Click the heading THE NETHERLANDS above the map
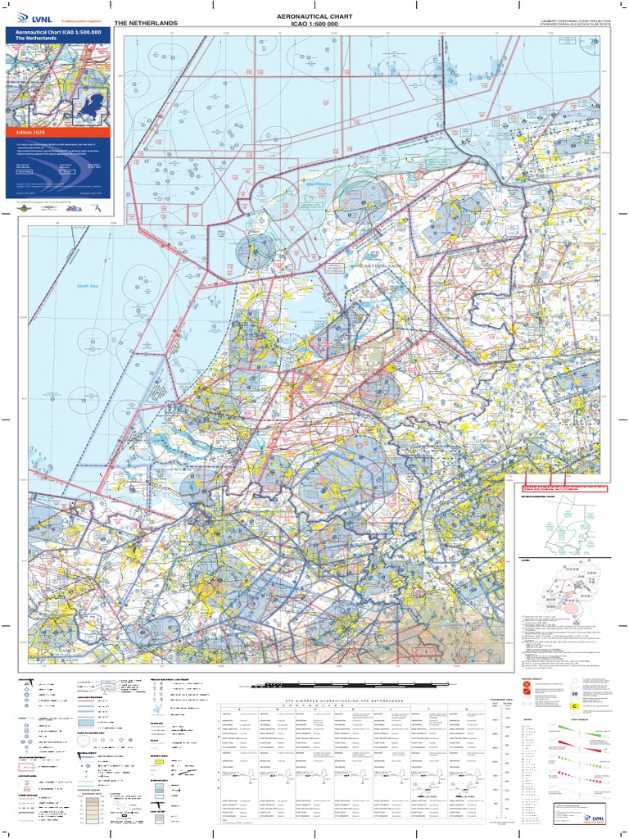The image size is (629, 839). click(147, 23)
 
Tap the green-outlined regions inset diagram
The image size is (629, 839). click(566, 524)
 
